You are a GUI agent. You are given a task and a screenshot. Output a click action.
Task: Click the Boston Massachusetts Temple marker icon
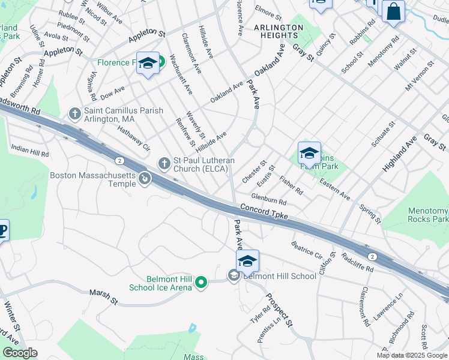coord(144,178)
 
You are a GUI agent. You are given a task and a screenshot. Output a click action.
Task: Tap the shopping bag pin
coord(393,11)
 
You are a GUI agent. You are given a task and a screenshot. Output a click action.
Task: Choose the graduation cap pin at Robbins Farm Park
coord(309,154)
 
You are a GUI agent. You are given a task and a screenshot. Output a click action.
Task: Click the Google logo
coord(20,353)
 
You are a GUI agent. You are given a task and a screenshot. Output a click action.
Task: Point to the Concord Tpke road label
coord(264,211)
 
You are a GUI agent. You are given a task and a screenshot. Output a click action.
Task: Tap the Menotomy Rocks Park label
coord(427,215)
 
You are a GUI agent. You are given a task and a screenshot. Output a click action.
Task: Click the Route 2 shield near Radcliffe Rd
coord(372,256)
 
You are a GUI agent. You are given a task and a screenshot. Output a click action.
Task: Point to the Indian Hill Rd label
coord(29,150)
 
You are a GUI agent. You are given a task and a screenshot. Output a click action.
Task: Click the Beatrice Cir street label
coord(307,250)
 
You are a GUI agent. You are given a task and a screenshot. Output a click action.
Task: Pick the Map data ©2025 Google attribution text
coord(412,355)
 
